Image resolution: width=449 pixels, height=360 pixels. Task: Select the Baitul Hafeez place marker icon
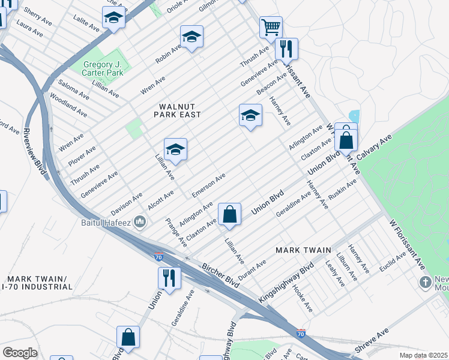coord(140,223)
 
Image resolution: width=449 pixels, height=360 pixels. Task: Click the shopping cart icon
coord(271,26)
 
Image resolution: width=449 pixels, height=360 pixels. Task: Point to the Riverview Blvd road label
coord(35,146)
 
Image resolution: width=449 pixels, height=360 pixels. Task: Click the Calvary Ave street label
coord(374,148)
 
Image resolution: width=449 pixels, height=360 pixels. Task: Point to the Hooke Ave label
coord(302,298)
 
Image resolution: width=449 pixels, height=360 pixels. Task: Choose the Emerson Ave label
coord(208,185)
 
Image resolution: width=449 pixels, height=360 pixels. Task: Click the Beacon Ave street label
coord(272,83)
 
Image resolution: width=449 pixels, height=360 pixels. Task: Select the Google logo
coord(20,352)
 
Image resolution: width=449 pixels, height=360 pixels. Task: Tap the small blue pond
coord(354,116)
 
